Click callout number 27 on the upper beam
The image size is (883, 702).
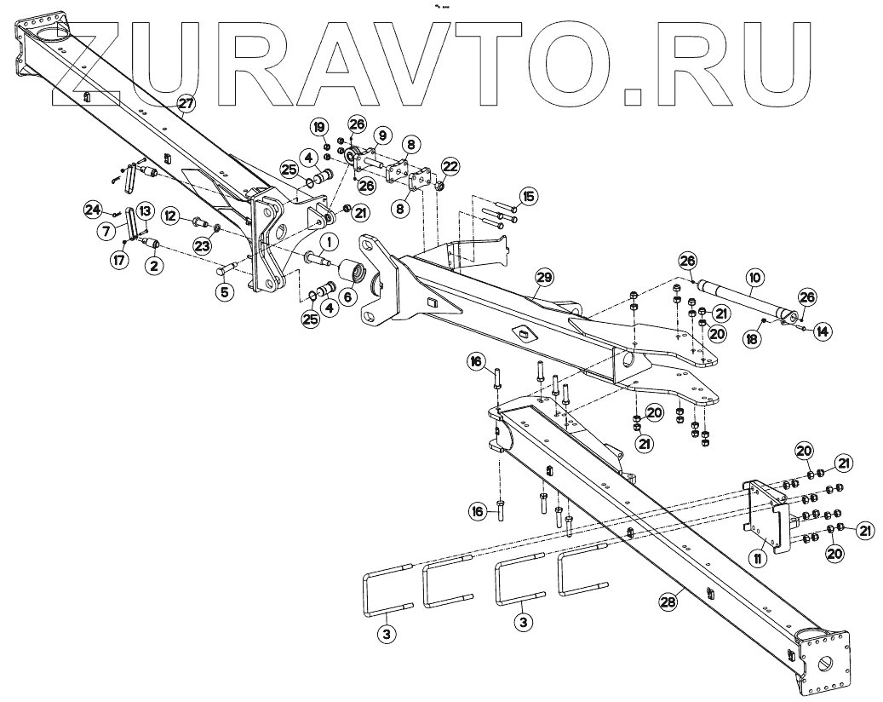186,103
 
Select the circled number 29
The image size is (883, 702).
545,277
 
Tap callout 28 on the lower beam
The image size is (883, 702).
668,601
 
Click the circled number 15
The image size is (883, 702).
530,198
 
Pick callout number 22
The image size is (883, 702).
450,165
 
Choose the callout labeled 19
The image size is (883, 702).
318,127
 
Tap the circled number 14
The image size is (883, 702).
822,330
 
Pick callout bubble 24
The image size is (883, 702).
93,208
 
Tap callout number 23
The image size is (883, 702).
201,245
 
